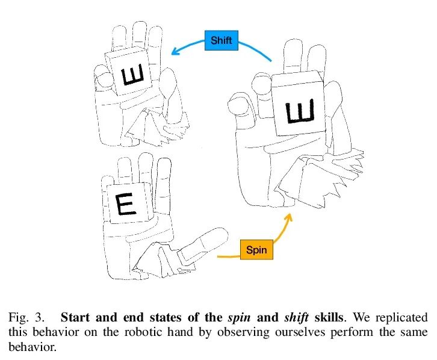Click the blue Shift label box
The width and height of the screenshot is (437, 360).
tap(221, 41)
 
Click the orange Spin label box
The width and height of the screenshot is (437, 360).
tap(256, 250)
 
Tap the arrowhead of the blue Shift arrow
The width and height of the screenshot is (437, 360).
tap(175, 52)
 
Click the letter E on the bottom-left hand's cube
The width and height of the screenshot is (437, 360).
tap(127, 205)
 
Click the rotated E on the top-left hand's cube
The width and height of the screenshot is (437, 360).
tap(132, 76)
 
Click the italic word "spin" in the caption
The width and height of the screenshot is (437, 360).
tap(237, 317)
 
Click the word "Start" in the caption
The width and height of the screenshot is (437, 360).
tap(76, 317)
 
